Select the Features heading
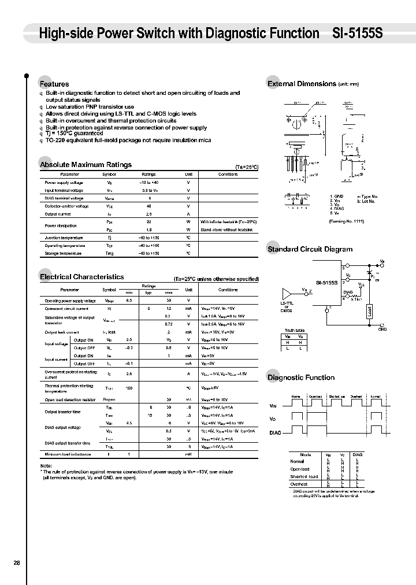click(x=54, y=84)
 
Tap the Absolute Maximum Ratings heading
click(x=86, y=165)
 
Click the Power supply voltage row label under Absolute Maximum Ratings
click(x=64, y=182)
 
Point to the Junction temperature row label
click(x=64, y=238)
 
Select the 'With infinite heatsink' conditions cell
click(x=228, y=221)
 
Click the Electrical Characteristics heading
click(x=81, y=277)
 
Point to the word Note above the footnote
click(x=46, y=465)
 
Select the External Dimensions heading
click(x=302, y=84)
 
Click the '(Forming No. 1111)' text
click(x=346, y=221)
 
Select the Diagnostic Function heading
click(x=301, y=377)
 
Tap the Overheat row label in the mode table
click(x=299, y=484)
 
